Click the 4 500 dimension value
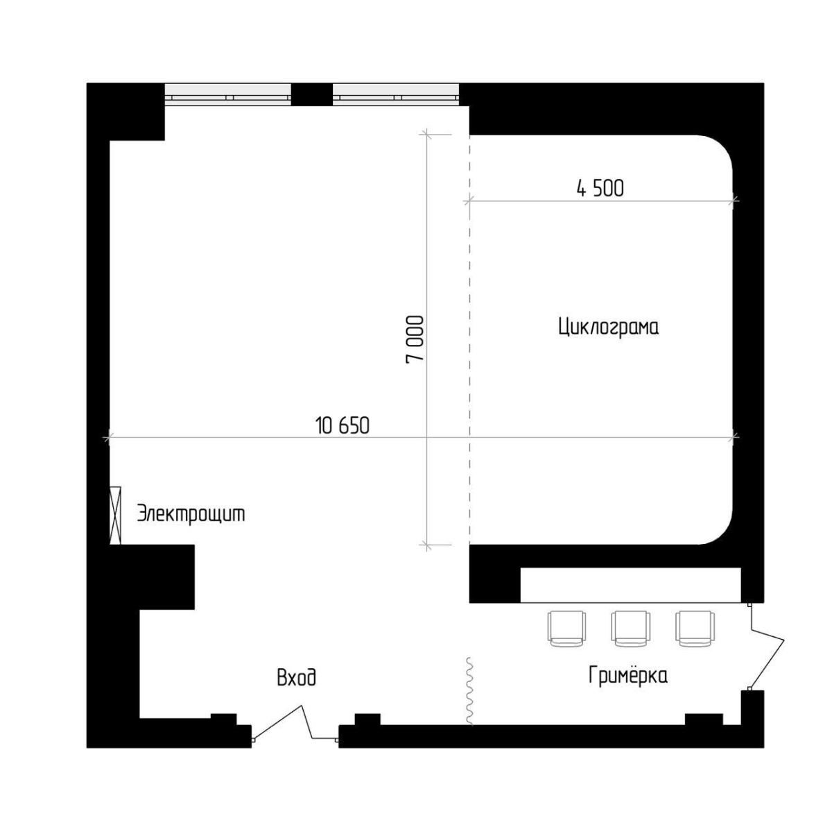click(x=600, y=189)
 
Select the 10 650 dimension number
click(x=343, y=426)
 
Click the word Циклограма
click(x=608, y=328)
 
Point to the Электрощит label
click(x=191, y=514)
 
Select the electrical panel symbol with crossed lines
click(x=115, y=515)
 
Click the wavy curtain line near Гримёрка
click(x=470, y=690)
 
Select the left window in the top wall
click(x=228, y=94)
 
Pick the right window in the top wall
click(x=395, y=94)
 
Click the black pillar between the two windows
click(x=312, y=94)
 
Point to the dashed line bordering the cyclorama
click(x=469, y=339)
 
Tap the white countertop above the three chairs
click(x=630, y=585)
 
